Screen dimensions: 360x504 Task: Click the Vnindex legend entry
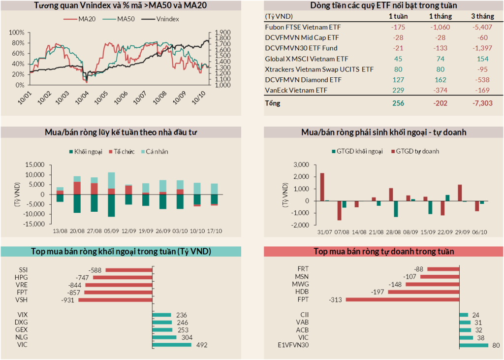coord(167,19)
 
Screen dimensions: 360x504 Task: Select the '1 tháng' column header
coord(437,17)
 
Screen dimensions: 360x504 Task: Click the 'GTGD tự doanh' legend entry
coord(416,152)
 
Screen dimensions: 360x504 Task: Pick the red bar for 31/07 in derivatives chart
coord(322,187)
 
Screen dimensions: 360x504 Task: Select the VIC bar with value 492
coord(172,345)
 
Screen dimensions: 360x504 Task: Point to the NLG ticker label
coord(22,337)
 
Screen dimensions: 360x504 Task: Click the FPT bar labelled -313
coord(402,299)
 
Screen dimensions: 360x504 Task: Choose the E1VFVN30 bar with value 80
coord(473,345)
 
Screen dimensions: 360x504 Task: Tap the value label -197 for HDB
coord(378,292)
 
